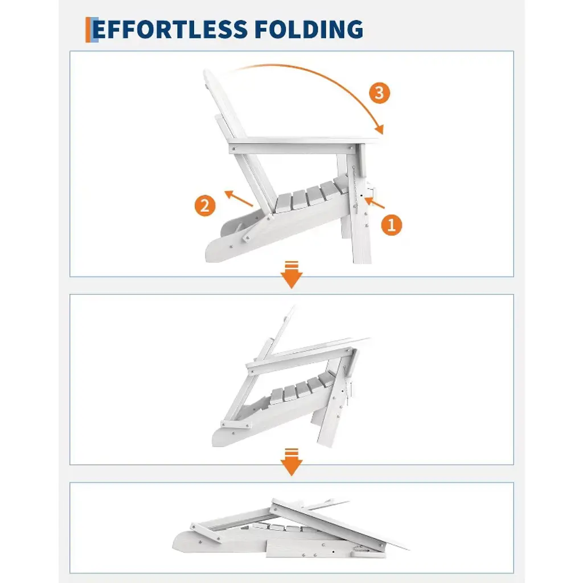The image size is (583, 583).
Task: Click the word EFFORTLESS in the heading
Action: tap(170, 30)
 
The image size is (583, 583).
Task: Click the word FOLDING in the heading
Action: tap(309, 30)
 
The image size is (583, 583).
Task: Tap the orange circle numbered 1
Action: tap(392, 224)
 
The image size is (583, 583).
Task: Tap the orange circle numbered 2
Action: tap(205, 206)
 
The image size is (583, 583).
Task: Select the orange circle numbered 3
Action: tap(379, 93)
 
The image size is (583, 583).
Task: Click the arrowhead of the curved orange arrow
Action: tap(379, 129)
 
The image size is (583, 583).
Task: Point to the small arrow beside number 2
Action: tap(239, 198)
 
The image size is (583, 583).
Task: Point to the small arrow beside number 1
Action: tap(375, 203)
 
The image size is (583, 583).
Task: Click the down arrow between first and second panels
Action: tap(291, 275)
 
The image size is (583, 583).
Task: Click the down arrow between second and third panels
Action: tap(291, 462)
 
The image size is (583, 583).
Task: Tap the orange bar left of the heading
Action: tap(88, 30)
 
